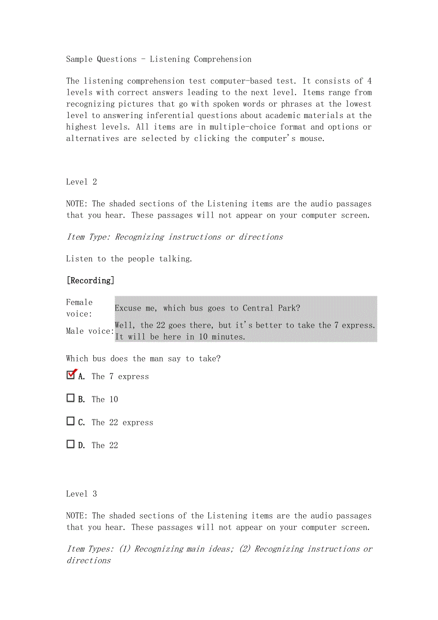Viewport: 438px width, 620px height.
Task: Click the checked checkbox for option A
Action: coord(70,375)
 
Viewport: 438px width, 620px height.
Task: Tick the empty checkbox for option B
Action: coord(70,398)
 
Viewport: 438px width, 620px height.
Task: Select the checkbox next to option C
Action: coord(70,421)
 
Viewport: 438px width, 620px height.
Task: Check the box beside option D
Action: coord(70,444)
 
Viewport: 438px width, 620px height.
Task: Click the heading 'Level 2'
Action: coord(81,182)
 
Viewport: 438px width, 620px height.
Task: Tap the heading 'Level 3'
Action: coord(81,494)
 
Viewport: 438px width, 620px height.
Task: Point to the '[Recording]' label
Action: coord(90,280)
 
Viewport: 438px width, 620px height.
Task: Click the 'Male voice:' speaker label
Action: coord(90,331)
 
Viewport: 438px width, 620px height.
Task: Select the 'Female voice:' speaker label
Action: coord(80,308)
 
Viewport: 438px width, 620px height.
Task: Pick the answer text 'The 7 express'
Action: coord(120,377)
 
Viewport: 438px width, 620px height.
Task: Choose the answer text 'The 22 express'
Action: coord(122,423)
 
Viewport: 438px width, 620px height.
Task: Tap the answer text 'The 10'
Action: coord(105,400)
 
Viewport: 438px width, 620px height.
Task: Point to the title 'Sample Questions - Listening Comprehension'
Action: coord(159,59)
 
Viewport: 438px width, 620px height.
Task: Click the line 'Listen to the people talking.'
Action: coord(129,259)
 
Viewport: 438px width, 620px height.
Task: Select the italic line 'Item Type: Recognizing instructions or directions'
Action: coord(174,237)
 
